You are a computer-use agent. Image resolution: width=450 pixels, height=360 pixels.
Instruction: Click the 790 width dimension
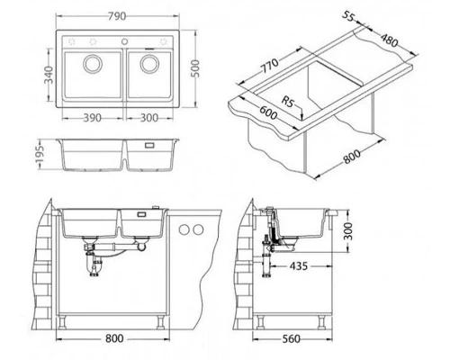(x=117, y=16)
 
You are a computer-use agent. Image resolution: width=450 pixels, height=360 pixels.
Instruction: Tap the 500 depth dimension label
(x=195, y=68)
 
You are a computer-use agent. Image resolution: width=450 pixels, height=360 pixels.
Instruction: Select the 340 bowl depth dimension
(x=49, y=75)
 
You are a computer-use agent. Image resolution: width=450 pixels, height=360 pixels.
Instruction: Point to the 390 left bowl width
(x=92, y=118)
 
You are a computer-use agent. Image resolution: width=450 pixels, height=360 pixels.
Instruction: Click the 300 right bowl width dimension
(x=149, y=118)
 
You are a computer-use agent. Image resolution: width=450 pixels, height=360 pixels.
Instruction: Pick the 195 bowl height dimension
(x=40, y=154)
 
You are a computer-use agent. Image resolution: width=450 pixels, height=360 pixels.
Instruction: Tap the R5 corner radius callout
(x=287, y=102)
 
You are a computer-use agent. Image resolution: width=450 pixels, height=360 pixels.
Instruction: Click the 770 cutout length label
(x=269, y=66)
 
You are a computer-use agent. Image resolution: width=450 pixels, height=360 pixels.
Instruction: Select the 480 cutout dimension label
(x=390, y=40)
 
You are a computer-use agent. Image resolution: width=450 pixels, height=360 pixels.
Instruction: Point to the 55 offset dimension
(x=348, y=16)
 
